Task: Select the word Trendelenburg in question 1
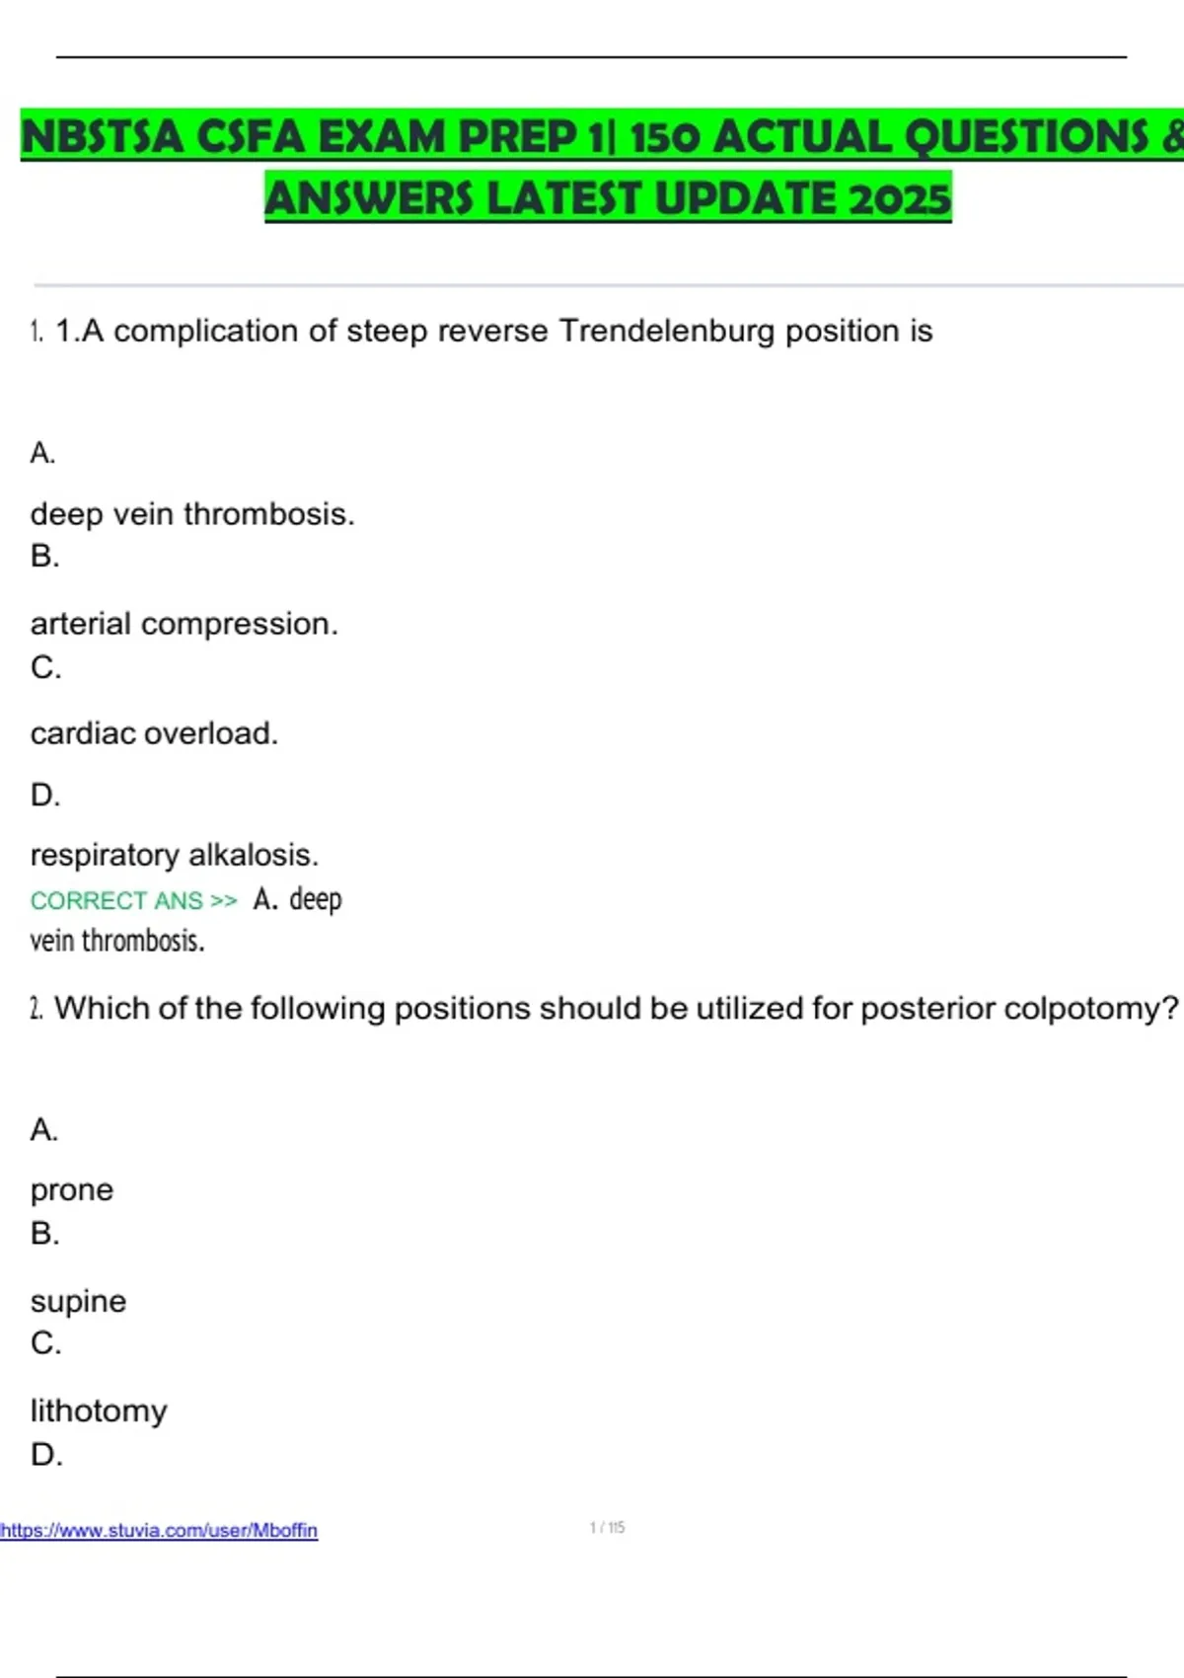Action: pyautogui.click(x=666, y=331)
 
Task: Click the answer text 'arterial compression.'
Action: pyautogui.click(x=184, y=624)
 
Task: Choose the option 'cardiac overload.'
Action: pyautogui.click(x=154, y=733)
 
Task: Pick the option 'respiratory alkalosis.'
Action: pyautogui.click(x=174, y=855)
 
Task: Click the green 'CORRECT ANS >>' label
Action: pyautogui.click(x=133, y=900)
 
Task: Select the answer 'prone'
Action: pyautogui.click(x=71, y=1190)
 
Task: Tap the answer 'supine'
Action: pyautogui.click(x=78, y=1301)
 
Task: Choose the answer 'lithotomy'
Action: pyautogui.click(x=99, y=1411)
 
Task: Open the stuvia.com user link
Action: pyautogui.click(x=159, y=1530)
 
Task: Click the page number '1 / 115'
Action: pyautogui.click(x=607, y=1528)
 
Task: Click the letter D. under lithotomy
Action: pyautogui.click(x=46, y=1454)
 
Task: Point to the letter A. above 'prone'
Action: pyautogui.click(x=44, y=1129)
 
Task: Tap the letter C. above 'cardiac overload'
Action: pyautogui.click(x=45, y=668)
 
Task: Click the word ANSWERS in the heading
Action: pyautogui.click(x=370, y=198)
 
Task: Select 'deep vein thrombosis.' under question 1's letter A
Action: pyautogui.click(x=192, y=514)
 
